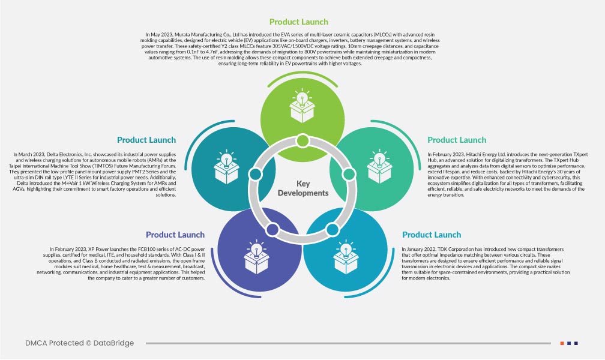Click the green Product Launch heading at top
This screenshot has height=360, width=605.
(x=298, y=22)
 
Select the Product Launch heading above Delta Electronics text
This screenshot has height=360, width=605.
(x=146, y=140)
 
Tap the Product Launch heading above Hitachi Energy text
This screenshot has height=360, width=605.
(x=456, y=140)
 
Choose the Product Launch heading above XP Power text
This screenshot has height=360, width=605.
(x=175, y=235)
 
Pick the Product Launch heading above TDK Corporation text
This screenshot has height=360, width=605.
(x=432, y=235)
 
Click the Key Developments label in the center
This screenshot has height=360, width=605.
(x=303, y=188)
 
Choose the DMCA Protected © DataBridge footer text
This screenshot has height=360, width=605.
(x=80, y=343)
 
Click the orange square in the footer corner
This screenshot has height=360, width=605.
(x=562, y=343)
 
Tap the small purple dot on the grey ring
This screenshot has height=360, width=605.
(x=272, y=228)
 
